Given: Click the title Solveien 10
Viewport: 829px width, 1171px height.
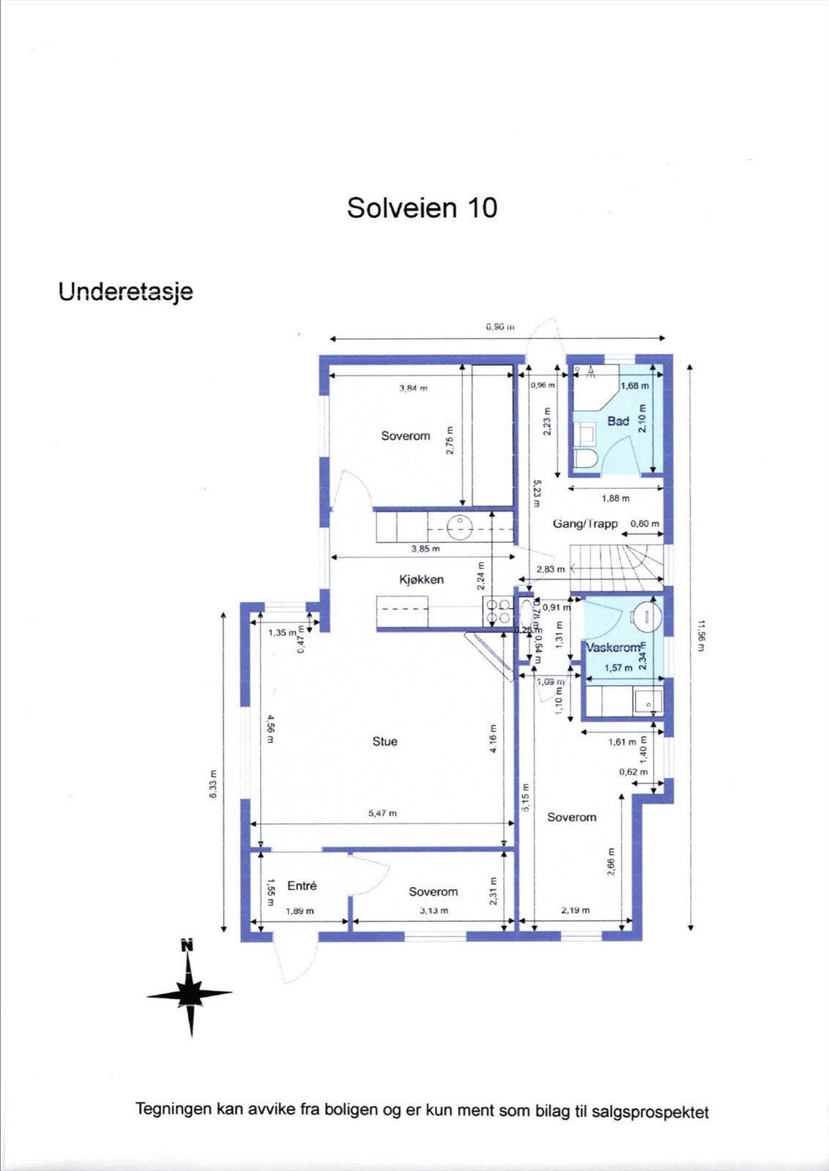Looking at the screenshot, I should tap(422, 208).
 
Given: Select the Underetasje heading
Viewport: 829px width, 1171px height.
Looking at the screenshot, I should tap(125, 291).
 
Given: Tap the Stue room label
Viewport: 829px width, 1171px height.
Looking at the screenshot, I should tap(384, 741).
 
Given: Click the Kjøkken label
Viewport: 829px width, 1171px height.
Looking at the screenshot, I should tap(421, 579).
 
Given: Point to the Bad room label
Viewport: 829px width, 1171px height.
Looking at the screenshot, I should tap(618, 421).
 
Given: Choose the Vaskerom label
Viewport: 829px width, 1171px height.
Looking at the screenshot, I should tap(613, 648).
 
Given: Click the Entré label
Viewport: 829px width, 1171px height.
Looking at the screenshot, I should tap(302, 886).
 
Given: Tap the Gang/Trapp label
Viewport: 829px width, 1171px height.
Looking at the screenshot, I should tap(585, 524).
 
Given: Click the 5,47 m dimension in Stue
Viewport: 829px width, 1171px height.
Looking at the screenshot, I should tap(382, 813).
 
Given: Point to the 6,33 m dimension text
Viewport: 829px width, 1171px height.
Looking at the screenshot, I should tap(213, 785).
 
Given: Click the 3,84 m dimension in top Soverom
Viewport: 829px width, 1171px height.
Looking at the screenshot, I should tap(413, 388).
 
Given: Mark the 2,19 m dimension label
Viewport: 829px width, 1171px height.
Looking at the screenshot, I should tap(575, 910).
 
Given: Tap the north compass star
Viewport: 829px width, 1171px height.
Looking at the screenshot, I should tap(190, 994).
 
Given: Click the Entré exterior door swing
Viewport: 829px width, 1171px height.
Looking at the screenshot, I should tap(293, 959).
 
